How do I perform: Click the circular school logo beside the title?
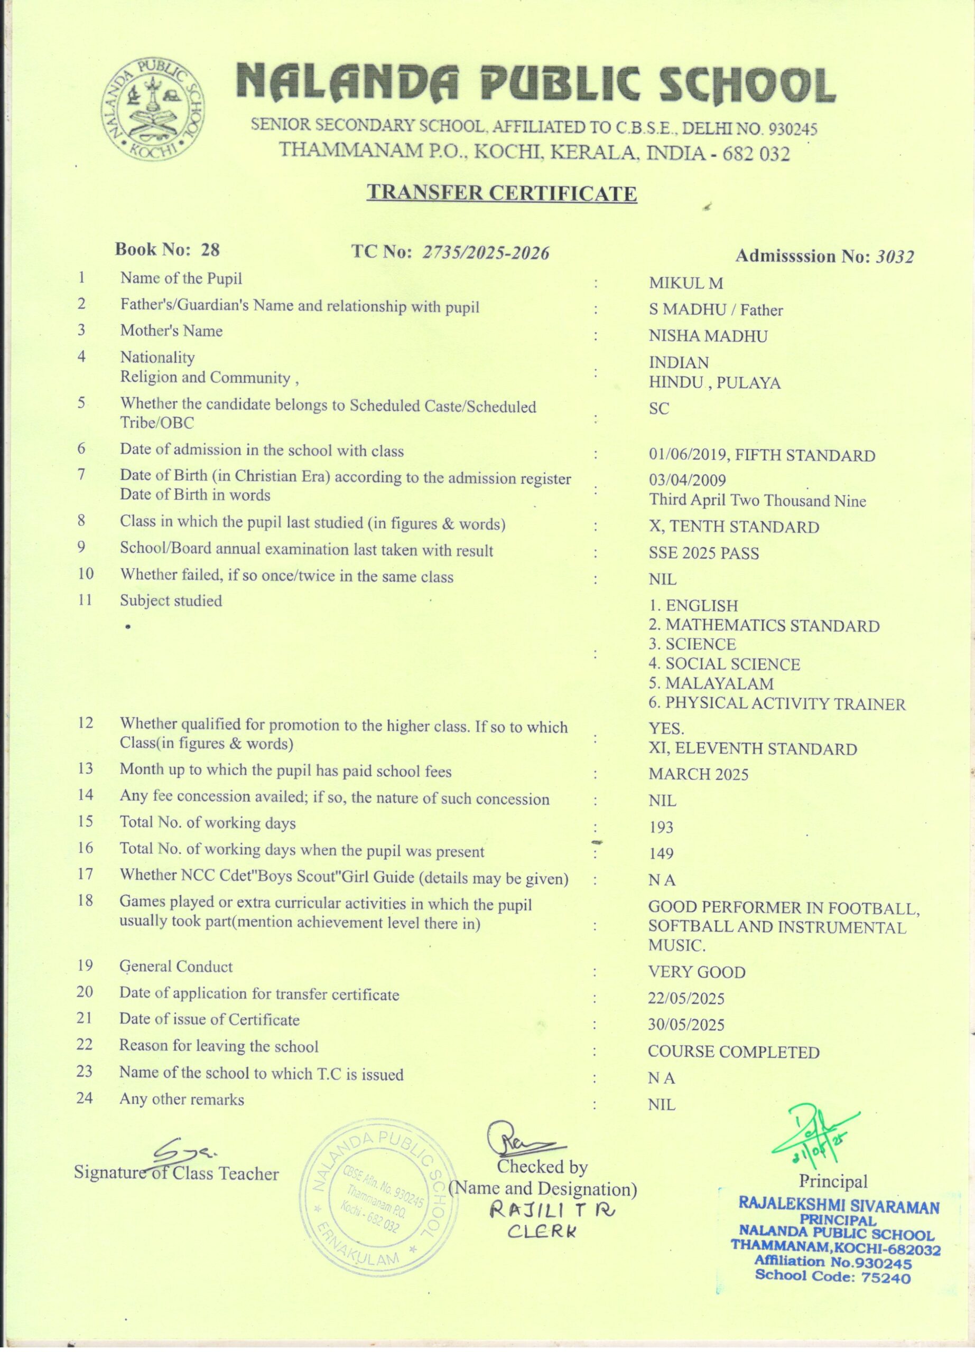153,111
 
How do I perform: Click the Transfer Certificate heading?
502,193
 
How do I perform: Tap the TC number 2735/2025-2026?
486,253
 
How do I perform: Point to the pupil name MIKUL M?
686,284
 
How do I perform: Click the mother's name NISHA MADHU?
708,336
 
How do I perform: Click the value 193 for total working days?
661,828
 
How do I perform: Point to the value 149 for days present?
661,853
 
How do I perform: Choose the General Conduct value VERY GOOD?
697,972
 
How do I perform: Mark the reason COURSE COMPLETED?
733,1052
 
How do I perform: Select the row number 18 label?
85,901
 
